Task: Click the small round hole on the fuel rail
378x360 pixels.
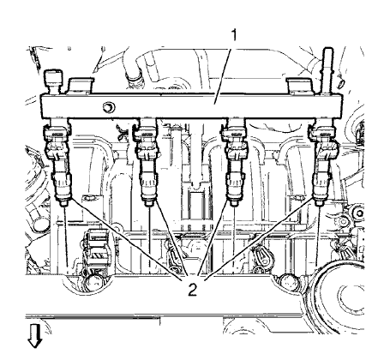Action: tap(108, 108)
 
